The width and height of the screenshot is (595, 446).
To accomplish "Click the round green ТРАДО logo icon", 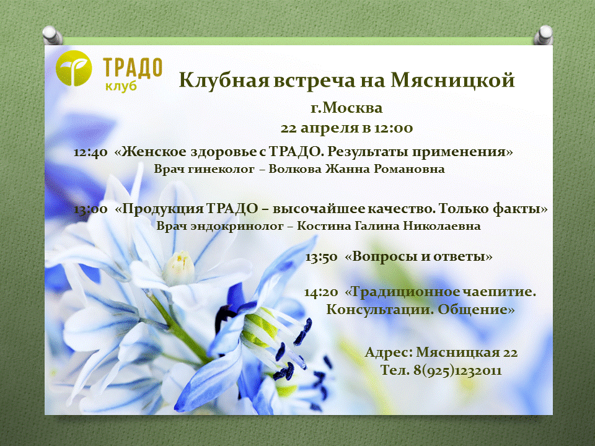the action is point(74,68).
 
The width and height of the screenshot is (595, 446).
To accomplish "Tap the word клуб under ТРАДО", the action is point(121,87).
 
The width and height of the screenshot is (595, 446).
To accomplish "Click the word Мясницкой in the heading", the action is point(452,80).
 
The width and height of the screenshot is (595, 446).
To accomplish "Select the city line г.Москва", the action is point(346,108).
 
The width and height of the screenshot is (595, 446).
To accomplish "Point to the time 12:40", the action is point(90,152).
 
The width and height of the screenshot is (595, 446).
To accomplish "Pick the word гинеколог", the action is point(221,169).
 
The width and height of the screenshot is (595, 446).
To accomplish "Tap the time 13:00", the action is point(90,209).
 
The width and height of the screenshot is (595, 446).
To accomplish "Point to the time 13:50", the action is point(322,257).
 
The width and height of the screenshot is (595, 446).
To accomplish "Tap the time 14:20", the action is point(321,292).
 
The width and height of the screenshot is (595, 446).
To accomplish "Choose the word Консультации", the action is point(380,310).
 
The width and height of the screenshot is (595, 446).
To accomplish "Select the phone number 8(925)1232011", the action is point(457,370).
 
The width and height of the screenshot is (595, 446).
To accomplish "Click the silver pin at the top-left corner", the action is point(52,35).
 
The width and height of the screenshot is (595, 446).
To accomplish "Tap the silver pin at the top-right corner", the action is point(543,35).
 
